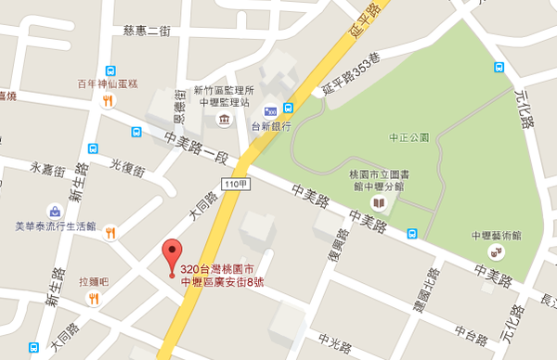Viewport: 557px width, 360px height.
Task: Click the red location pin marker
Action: pos(170,252)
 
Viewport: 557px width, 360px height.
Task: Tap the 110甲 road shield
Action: pos(235,185)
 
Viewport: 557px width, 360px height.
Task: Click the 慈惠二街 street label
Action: pos(148,31)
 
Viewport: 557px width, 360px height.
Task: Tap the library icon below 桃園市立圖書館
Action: pos(378,202)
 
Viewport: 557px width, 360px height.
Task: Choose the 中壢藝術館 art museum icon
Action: pos(499,251)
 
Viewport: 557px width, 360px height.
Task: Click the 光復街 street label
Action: pos(129,166)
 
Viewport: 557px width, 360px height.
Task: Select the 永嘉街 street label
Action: pos(47,169)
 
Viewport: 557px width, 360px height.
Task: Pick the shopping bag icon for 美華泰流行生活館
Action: pos(55,211)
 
